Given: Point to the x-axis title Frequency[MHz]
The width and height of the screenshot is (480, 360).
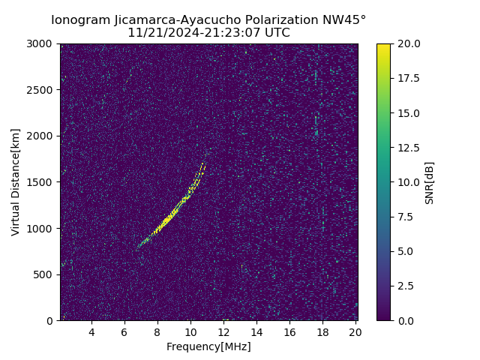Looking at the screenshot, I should coord(208,346).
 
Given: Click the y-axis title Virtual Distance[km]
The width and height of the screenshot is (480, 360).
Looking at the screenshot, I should coord(16,181).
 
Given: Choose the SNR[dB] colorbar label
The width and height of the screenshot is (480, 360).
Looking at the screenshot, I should coord(430,182).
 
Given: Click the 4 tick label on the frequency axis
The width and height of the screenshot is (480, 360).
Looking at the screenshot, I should coord(91,332).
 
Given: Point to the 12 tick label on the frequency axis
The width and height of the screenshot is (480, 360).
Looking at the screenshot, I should coord(223,332).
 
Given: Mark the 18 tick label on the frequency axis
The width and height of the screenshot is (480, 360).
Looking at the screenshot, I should coord(322,332).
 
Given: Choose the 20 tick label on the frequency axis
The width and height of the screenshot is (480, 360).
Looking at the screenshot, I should coord(355,332).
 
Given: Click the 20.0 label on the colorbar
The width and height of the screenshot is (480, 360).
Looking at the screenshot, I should coord(409,43).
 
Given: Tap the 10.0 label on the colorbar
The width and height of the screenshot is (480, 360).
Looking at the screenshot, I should coord(409,182).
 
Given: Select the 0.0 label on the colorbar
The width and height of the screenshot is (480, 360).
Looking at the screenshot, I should coord(406,320).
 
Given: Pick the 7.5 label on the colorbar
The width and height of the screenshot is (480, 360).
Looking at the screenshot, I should coord(406,217).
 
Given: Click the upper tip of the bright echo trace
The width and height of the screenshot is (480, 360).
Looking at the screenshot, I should coord(203,163).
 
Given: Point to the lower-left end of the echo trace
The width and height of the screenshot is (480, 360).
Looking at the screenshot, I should coord(138,246).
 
